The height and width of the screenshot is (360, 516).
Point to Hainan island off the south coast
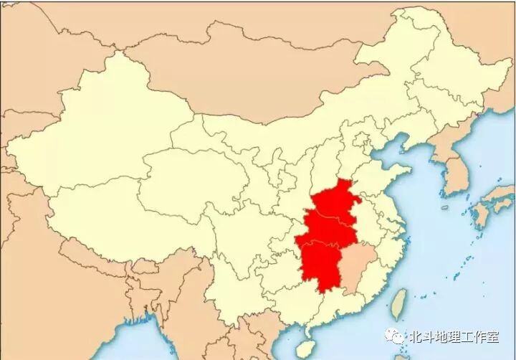pyautogui.click(x=306, y=349)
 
